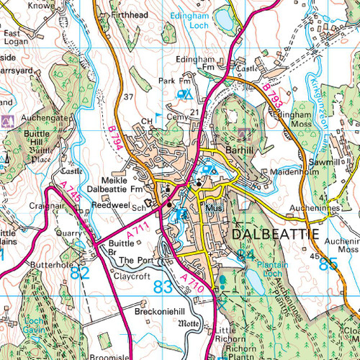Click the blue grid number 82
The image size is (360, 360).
click(x=80, y=273)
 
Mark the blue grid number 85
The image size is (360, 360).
click(x=328, y=264)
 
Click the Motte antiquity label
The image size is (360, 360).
click(x=189, y=324)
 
